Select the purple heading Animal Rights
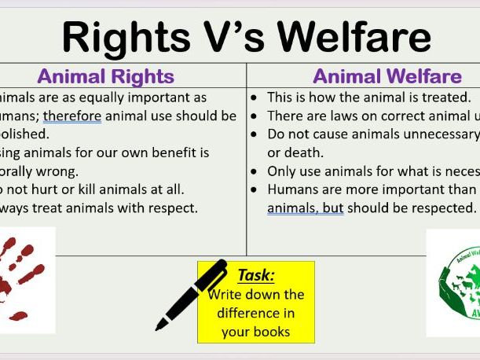pos(105,76)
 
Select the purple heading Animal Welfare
pos(387,76)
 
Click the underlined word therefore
pos(72,116)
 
